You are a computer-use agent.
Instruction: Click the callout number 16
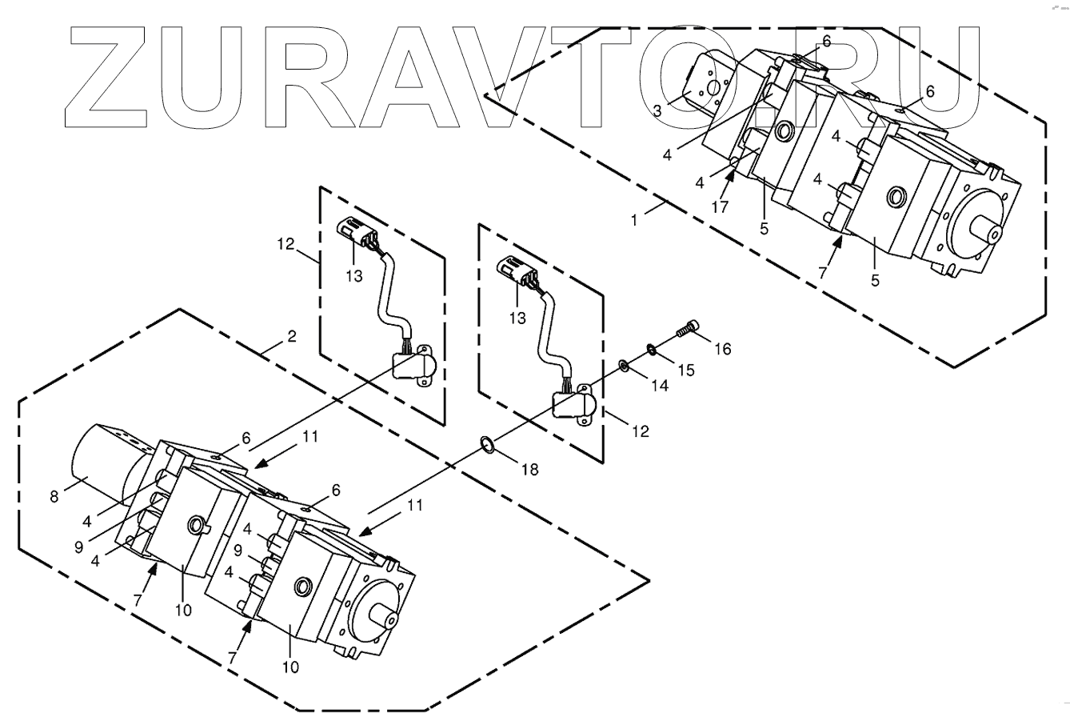(722, 348)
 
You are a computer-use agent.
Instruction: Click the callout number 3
(656, 110)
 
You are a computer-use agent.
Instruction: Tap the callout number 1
(634, 218)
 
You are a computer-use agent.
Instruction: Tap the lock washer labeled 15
(653, 348)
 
